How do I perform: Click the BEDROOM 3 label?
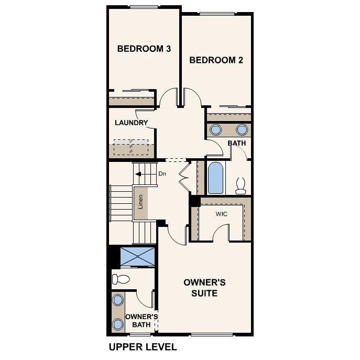coord(144,49)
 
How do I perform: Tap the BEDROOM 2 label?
coord(216,60)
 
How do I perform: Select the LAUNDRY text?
coord(132,123)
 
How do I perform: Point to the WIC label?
coord(222,214)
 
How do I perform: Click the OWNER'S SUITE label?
coord(204,288)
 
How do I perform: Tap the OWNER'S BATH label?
coord(141,321)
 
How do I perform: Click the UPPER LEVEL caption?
coord(143,347)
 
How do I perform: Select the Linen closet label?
coord(141,203)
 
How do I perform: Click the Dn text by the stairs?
coord(162,173)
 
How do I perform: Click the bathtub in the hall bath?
coord(215,178)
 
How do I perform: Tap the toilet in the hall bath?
coord(241,185)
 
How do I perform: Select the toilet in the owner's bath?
coord(121,279)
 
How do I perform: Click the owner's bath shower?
coord(138,257)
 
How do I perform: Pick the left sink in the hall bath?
coord(215,129)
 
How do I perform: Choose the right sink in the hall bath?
coord(242,129)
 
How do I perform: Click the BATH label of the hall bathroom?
coord(237,143)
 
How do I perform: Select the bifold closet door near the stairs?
coord(183,178)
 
